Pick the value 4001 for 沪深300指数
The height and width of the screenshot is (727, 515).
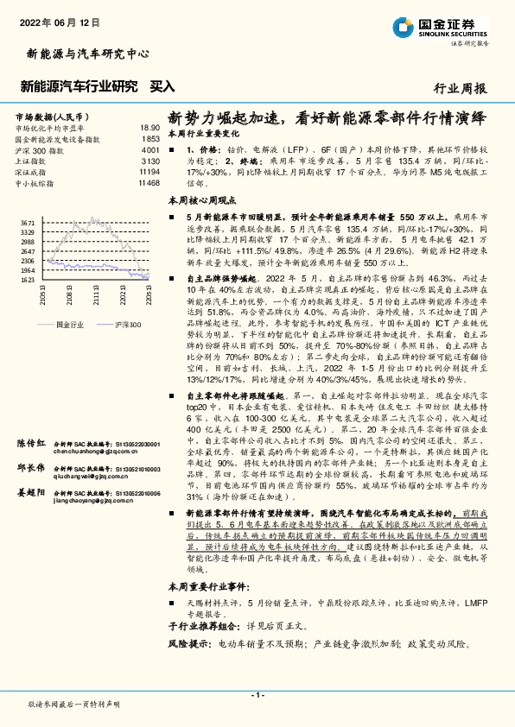pyautogui.click(x=150, y=149)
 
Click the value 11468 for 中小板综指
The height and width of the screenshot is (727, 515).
pyautogui.click(x=149, y=183)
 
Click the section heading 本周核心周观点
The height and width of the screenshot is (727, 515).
pyautogui.click(x=203, y=199)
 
